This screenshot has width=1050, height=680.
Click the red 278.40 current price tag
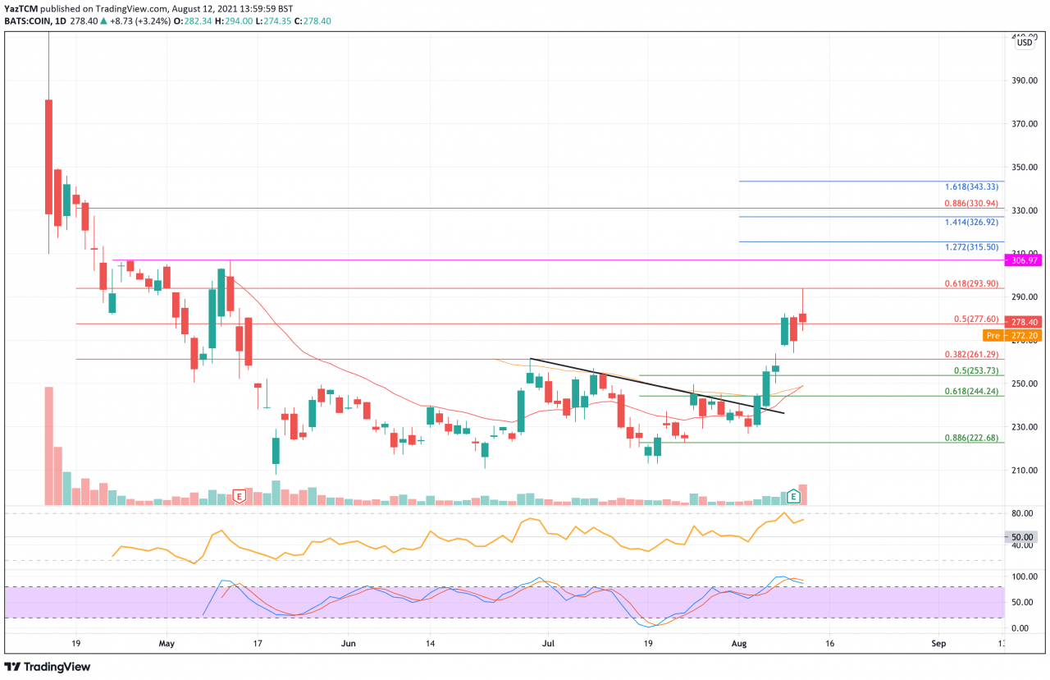[x=1026, y=323]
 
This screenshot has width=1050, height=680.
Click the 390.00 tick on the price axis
[x=1026, y=80]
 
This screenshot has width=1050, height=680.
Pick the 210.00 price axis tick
[x=1026, y=471]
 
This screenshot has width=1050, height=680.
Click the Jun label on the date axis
[x=349, y=644]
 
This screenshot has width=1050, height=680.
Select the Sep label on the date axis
[x=938, y=644]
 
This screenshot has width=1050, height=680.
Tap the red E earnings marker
[x=240, y=496]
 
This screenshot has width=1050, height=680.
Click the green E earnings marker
[x=793, y=496]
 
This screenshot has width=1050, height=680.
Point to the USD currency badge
[x=1025, y=43]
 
